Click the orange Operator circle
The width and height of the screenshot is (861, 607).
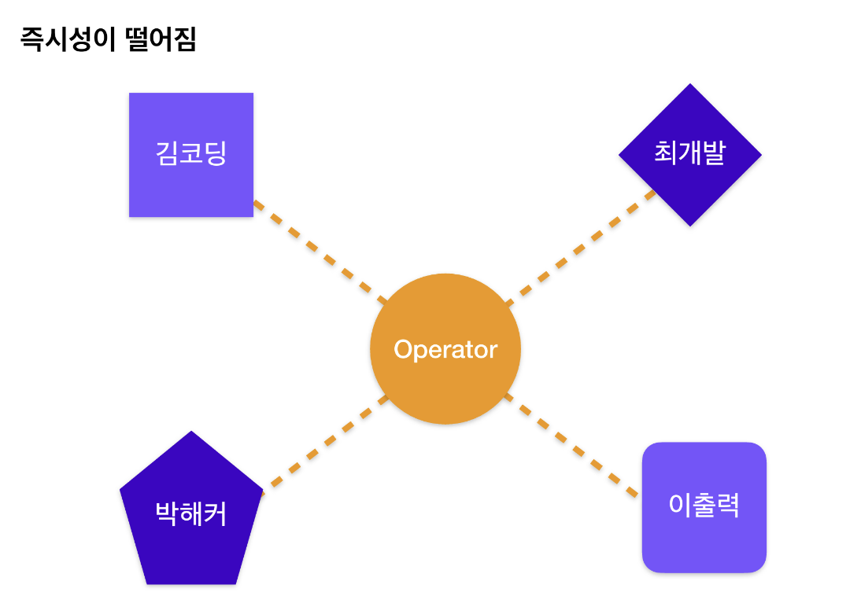click(x=445, y=348)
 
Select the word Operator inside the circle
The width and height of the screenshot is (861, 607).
click(x=445, y=350)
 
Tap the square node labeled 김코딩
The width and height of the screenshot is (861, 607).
click(x=191, y=155)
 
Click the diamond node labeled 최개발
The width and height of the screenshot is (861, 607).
click(x=690, y=155)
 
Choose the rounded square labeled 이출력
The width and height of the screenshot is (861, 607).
click(x=704, y=507)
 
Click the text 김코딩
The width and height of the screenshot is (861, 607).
click(x=191, y=153)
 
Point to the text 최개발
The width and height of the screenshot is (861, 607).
click(x=690, y=153)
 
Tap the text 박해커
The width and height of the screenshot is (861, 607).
click(x=191, y=514)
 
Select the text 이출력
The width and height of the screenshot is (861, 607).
click(x=704, y=505)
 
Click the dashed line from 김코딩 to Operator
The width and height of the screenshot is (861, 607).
click(x=320, y=252)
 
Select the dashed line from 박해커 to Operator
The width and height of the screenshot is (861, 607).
click(x=326, y=444)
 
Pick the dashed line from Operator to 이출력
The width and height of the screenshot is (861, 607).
click(x=571, y=445)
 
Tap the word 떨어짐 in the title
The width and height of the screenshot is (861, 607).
click(x=161, y=39)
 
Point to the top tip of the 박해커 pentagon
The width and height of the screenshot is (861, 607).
click(x=191, y=432)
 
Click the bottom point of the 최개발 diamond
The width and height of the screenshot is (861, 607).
click(x=690, y=226)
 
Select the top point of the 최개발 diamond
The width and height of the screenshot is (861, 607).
click(x=690, y=84)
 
